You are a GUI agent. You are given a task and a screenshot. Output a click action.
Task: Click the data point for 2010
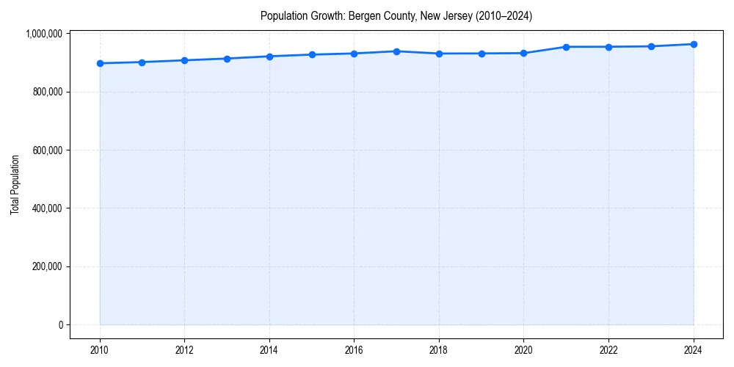point(100,63)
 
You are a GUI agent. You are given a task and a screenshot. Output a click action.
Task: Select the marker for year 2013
point(227,59)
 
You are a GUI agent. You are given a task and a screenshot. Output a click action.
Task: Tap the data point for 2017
point(396,51)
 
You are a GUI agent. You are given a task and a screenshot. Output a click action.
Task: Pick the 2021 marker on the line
point(566,47)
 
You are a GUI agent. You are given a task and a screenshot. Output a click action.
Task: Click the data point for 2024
point(694,44)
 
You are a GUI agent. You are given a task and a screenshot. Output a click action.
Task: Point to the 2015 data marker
point(312,54)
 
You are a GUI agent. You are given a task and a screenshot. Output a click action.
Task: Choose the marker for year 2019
point(482,54)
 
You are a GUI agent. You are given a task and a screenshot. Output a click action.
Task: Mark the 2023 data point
point(651,46)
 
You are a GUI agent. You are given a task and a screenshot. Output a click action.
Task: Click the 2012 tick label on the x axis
point(184,350)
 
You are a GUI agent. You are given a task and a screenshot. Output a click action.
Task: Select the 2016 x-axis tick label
point(355,350)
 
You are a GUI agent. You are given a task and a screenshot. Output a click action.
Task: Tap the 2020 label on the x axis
point(524,350)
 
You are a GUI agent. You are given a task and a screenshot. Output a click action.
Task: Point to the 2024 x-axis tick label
point(694,350)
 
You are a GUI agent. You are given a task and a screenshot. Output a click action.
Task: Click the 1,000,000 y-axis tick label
point(45,34)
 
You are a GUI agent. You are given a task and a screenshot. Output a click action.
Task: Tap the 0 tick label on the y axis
point(61,324)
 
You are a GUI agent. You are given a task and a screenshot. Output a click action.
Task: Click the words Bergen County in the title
point(385,15)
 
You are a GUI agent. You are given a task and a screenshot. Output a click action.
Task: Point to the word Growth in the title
point(324,15)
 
